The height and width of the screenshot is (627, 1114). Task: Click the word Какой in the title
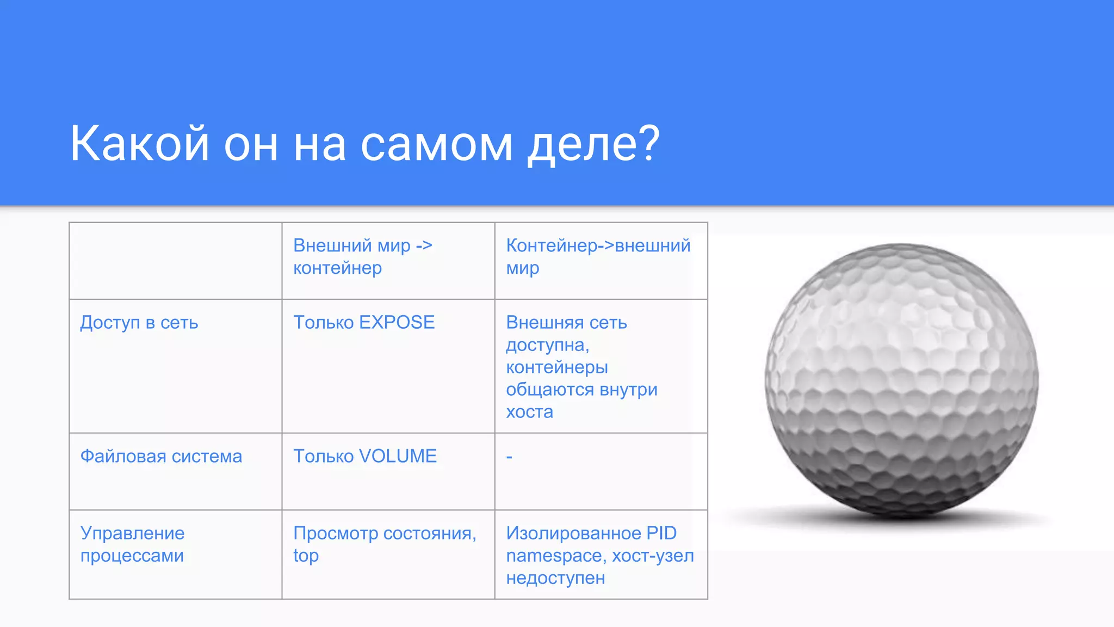(x=139, y=144)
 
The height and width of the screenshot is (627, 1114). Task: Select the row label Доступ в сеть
(x=139, y=323)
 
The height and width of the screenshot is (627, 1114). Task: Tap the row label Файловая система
(x=161, y=456)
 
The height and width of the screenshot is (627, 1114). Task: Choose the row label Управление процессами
(x=132, y=544)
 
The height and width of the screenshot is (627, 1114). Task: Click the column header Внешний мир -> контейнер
(x=362, y=256)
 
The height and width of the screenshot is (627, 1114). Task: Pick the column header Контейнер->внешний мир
(x=598, y=256)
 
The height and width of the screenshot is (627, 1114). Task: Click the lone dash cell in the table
(x=509, y=457)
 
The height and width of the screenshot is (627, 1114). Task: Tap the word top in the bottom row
(x=306, y=556)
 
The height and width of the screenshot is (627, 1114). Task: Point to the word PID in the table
(x=661, y=533)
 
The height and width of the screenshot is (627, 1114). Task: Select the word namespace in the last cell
(x=556, y=556)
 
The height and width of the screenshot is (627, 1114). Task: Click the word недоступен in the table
(x=555, y=578)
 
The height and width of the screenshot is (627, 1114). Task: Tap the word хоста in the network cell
(x=529, y=412)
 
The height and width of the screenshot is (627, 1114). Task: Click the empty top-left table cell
(x=175, y=261)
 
